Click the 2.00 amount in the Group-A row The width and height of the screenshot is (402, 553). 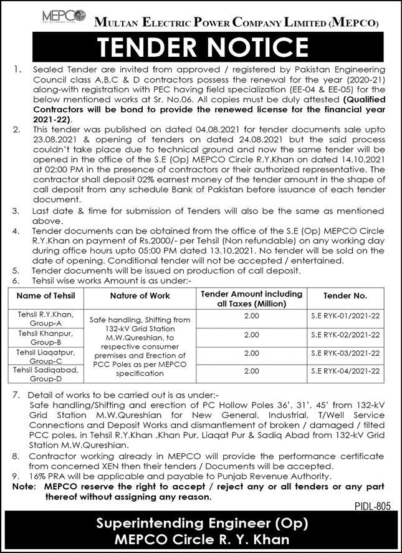point(252,316)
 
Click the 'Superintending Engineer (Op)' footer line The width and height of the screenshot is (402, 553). point(201,525)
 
